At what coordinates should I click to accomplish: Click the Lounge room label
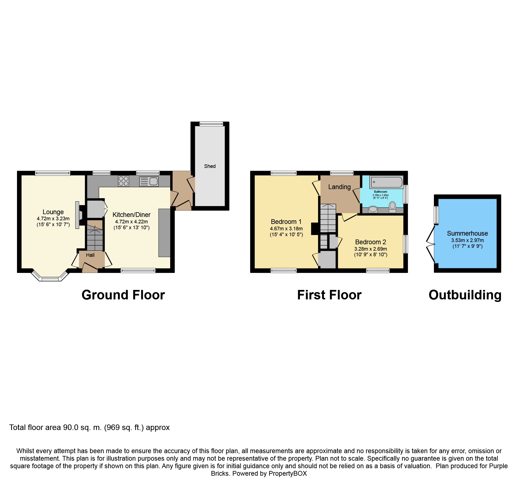pyautogui.click(x=53, y=212)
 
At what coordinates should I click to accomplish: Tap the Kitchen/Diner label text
pyautogui.click(x=131, y=215)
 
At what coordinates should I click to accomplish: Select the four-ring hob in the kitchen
pyautogui.click(x=124, y=181)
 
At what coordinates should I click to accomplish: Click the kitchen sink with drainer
pyautogui.click(x=149, y=181)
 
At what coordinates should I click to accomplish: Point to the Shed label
pyautogui.click(x=210, y=166)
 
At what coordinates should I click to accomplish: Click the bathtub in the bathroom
pyautogui.click(x=386, y=182)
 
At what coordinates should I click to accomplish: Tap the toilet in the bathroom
pyautogui.click(x=392, y=207)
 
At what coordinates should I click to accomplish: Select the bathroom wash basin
pyautogui.click(x=373, y=209)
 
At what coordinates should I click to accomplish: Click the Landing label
pyautogui.click(x=339, y=187)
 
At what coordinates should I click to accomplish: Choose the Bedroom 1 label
pyautogui.click(x=286, y=222)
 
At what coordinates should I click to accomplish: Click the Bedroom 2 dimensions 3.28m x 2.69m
pyautogui.click(x=370, y=249)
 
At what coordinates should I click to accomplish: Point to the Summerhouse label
pyautogui.click(x=467, y=233)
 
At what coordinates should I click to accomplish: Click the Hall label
pyautogui.click(x=90, y=255)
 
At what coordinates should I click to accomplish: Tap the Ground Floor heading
pyautogui.click(x=123, y=295)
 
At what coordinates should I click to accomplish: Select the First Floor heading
pyautogui.click(x=329, y=295)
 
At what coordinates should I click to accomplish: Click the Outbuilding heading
pyautogui.click(x=465, y=295)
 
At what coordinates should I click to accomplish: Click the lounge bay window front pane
pyautogui.click(x=50, y=279)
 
